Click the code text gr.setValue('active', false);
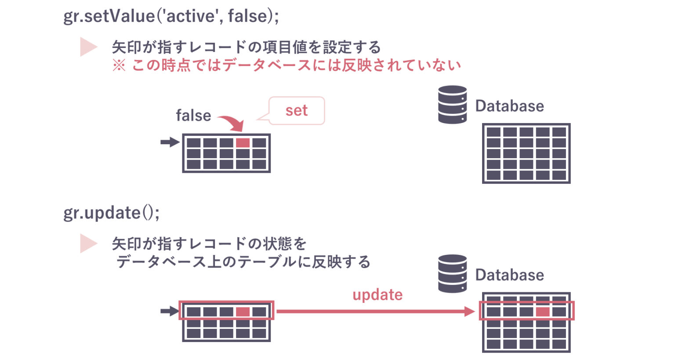[171, 16]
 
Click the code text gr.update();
[112, 213]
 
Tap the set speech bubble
[297, 110]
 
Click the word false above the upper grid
[193, 116]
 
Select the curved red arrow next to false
[232, 123]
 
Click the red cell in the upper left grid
[243, 143]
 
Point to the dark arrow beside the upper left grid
[170, 142]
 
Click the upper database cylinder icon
[452, 105]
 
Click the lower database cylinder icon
[452, 273]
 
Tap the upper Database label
[509, 106]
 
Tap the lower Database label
[509, 275]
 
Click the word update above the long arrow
[377, 295]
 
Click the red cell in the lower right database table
[542, 312]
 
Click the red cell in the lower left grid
[243, 312]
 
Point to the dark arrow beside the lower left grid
[170, 311]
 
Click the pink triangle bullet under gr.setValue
[88, 47]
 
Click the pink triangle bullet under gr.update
[88, 244]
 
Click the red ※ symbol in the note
[119, 65]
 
